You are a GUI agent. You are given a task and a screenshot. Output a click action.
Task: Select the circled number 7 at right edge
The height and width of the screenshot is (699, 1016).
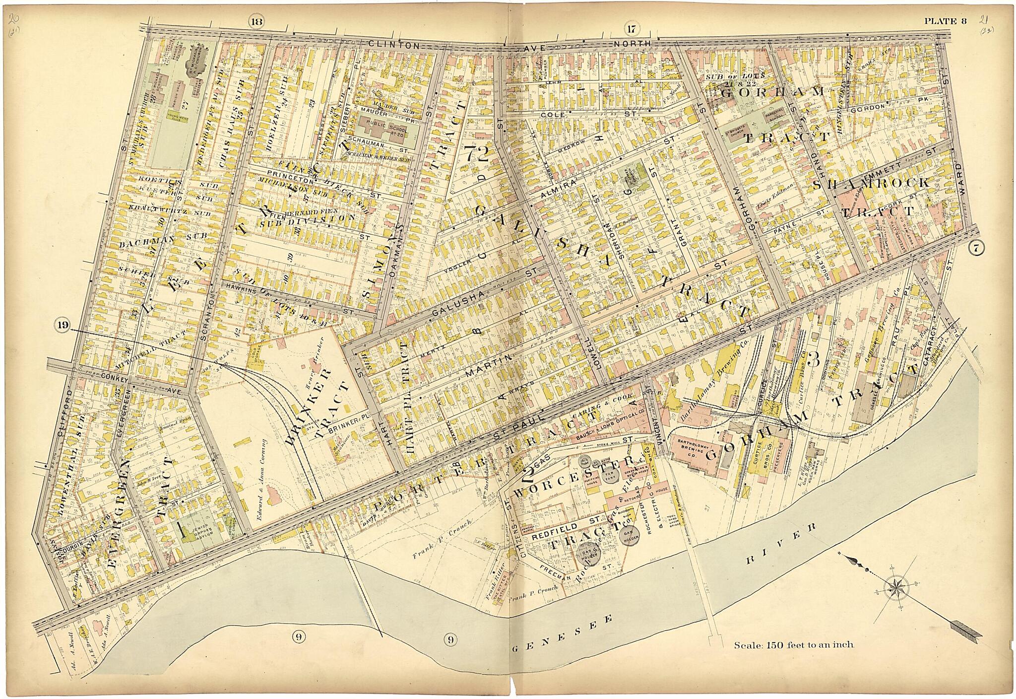(975, 250)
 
